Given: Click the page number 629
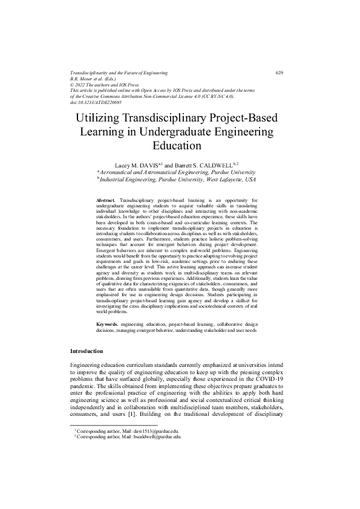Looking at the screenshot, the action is click(x=280, y=73).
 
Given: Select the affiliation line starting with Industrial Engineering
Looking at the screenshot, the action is click(x=177, y=180).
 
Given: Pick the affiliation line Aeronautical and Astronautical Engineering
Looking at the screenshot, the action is click(x=175, y=172).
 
